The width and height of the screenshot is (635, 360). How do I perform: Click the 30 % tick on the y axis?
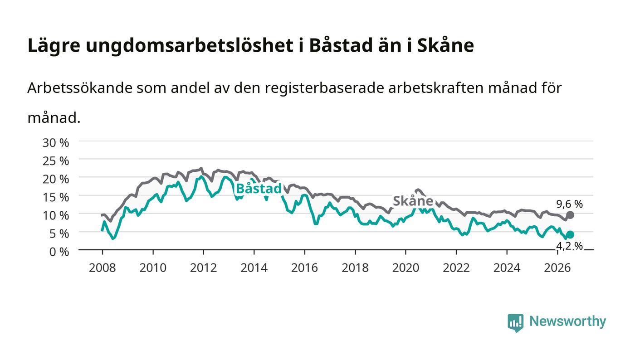56,142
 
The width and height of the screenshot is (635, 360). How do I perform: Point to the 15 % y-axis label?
56,197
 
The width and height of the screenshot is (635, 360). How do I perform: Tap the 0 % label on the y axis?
59,252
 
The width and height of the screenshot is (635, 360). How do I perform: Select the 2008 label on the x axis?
103,268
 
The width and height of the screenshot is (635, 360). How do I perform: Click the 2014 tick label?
254,268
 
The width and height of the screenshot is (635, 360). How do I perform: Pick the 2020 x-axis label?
405,268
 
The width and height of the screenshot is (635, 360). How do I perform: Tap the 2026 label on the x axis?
557,268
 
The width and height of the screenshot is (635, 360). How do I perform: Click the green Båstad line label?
259,189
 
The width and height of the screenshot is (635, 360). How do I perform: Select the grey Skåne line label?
413,201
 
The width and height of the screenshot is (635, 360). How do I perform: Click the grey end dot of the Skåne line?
571,215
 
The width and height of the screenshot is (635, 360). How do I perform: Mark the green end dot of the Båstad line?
571,235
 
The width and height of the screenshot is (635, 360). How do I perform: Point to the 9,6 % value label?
570,204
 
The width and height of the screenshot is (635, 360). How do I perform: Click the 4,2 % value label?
570,246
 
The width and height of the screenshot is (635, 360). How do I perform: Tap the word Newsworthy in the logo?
568,321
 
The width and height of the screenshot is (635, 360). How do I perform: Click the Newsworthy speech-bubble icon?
516,323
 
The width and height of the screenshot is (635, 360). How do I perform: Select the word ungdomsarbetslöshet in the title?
190,46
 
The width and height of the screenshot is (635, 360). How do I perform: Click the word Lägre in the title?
54,46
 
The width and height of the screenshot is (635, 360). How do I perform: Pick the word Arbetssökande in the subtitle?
80,88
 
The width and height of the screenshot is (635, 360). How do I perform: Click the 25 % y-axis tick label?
56,161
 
